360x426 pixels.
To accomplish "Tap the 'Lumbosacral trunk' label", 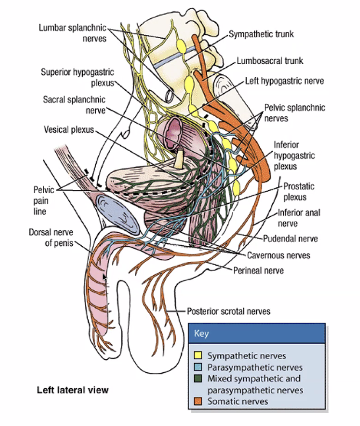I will (x=270, y=61).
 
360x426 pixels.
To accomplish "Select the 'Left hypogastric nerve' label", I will (x=284, y=81).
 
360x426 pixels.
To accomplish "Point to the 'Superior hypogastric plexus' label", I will (x=77, y=77).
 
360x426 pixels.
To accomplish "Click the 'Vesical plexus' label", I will (x=69, y=130).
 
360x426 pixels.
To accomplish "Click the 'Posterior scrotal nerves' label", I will (x=228, y=311).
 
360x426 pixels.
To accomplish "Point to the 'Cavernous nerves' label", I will (x=278, y=255).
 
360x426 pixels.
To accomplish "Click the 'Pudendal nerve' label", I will (x=291, y=238).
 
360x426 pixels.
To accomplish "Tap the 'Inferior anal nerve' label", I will (x=299, y=218).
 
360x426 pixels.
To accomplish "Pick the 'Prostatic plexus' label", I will (x=299, y=191).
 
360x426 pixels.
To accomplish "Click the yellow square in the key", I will (x=198, y=356).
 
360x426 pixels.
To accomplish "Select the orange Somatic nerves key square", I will (x=198, y=401).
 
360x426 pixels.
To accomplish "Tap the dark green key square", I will (x=198, y=379).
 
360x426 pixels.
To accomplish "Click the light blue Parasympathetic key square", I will (x=198, y=367).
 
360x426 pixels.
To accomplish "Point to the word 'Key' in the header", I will (x=201, y=333).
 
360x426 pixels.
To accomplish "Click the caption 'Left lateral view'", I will (x=72, y=389).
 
